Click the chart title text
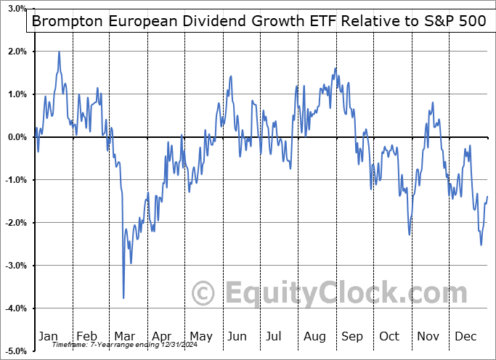[x=258, y=21]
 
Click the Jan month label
[x=48, y=336]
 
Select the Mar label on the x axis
[x=125, y=336]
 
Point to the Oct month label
[x=389, y=336]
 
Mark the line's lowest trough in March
[x=123, y=298]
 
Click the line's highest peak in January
[x=59, y=52]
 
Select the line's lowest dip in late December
[x=481, y=245]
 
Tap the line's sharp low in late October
[x=410, y=234]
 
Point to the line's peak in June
[x=230, y=76]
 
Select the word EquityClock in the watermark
[x=345, y=293]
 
